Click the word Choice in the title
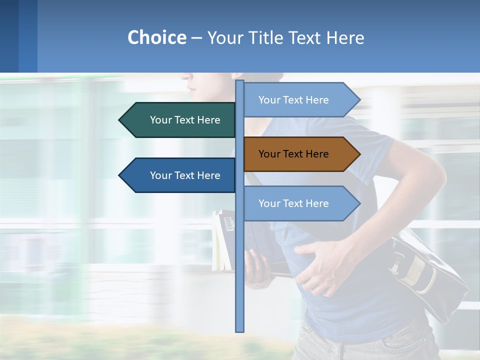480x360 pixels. [x=156, y=38]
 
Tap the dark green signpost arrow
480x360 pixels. [x=180, y=120]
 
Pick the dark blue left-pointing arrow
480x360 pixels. [x=180, y=175]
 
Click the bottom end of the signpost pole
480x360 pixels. [x=240, y=330]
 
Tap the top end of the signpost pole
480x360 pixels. [x=240, y=82]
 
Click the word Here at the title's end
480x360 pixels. [x=345, y=38]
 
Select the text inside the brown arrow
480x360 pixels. [x=293, y=154]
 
